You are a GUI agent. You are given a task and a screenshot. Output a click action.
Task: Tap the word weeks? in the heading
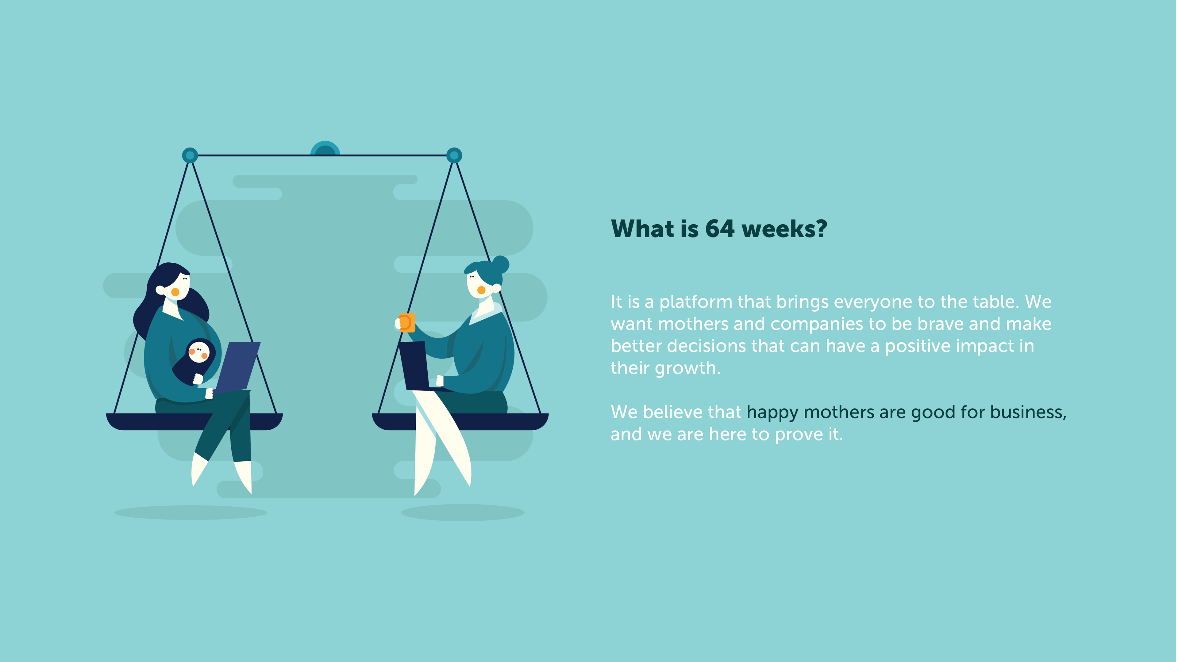point(784,229)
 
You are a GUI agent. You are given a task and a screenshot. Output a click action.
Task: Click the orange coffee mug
point(406,322)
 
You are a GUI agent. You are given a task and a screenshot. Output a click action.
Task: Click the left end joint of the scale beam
point(190,155)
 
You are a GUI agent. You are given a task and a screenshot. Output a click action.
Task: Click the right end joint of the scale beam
point(454,155)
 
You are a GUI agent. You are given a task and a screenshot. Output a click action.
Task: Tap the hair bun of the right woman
point(500,264)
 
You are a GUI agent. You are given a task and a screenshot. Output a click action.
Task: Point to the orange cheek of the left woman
point(175,292)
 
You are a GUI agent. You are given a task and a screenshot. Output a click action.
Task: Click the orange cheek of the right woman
point(481,290)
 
